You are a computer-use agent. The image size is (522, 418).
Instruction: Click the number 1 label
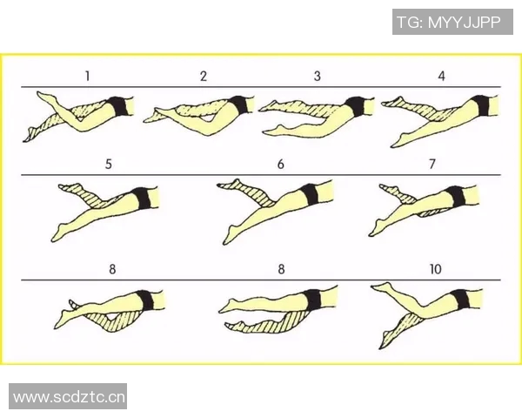[87, 76]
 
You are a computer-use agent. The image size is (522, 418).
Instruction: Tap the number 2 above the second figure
[204, 76]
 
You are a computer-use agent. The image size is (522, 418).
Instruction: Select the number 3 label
[318, 76]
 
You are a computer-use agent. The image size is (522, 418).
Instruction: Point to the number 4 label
[441, 76]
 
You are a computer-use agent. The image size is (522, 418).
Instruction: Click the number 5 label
[109, 164]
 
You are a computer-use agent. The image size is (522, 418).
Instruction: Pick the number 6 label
[281, 164]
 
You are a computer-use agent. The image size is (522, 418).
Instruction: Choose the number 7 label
[432, 164]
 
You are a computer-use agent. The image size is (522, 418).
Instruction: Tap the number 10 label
[436, 269]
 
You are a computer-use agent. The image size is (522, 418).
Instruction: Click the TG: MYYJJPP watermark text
[449, 22]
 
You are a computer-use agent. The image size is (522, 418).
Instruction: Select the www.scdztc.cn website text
[69, 397]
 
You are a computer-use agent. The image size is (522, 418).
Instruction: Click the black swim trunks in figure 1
[119, 106]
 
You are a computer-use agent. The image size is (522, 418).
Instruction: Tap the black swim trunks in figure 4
[480, 104]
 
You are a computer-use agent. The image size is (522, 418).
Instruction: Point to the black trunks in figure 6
[309, 194]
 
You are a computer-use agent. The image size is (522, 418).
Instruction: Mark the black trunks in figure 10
[461, 299]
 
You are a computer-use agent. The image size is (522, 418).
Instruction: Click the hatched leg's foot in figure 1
[30, 135]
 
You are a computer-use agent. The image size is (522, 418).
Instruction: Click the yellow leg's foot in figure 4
[398, 140]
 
